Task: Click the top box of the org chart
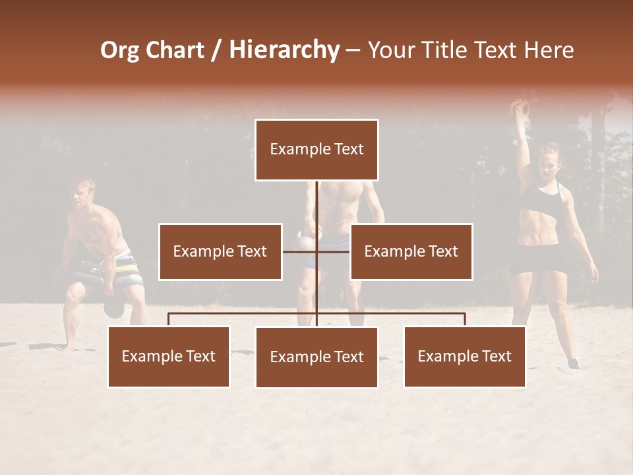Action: [316, 150]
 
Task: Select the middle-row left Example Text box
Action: [220, 251]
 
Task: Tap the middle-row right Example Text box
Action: [411, 251]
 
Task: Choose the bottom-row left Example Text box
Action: [169, 356]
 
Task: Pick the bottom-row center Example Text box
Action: [316, 357]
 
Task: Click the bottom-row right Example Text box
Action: [464, 356]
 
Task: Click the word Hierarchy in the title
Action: [284, 49]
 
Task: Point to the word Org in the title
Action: [119, 49]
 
